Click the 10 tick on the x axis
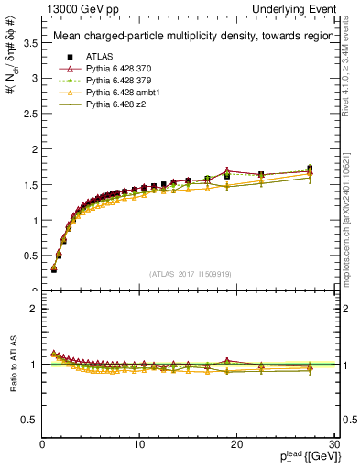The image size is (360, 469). (139, 444)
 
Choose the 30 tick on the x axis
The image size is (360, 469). (333, 444)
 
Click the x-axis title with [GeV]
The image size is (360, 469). (303, 457)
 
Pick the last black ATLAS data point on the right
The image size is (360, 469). (310, 169)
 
